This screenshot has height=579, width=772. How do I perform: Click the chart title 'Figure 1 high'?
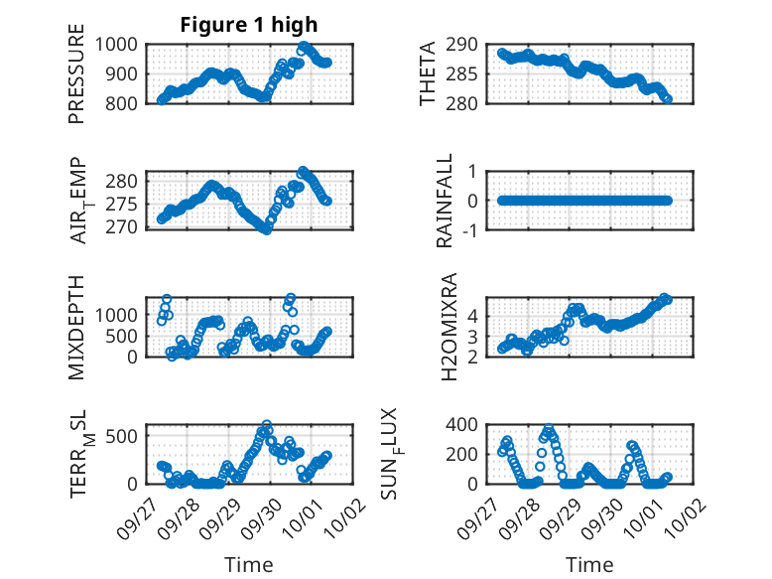coord(248,25)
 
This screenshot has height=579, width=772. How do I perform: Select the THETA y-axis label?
coord(428,73)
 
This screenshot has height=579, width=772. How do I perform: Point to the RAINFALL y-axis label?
coord(446,201)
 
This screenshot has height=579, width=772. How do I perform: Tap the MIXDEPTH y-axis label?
coord(76,327)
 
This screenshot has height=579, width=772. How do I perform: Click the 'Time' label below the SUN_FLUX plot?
coord(589,564)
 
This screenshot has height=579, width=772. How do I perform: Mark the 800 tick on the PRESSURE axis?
coord(126,102)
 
